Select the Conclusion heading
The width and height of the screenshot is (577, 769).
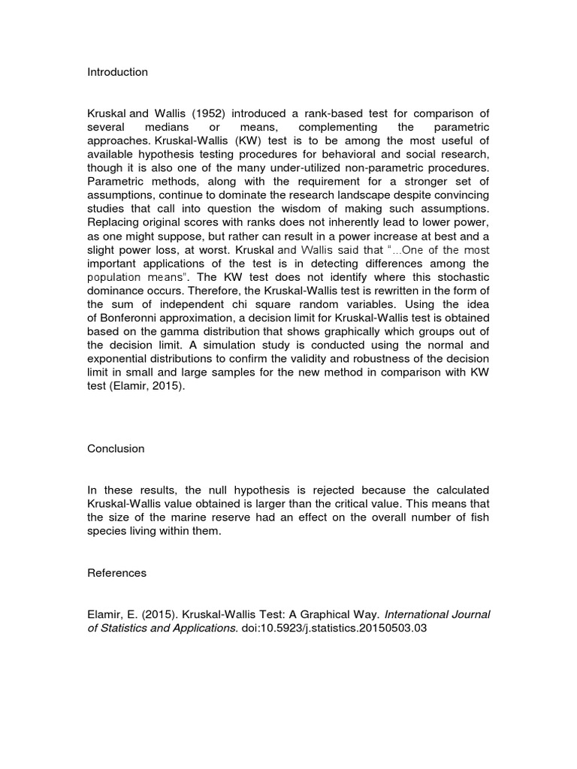click(115, 448)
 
